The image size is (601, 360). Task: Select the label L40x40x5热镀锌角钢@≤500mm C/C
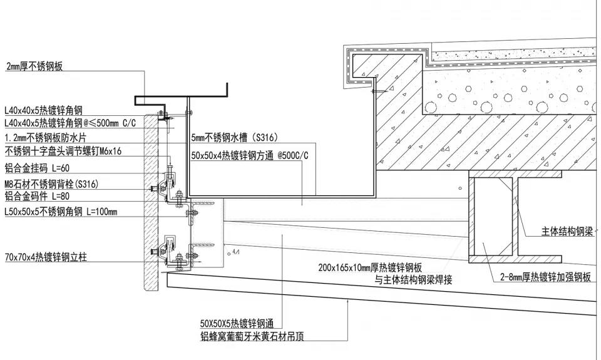pyautogui.click(x=69, y=123)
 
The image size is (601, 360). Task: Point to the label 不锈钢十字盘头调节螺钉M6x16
pyautogui.click(x=63, y=151)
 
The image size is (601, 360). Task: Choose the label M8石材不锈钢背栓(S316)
pyautogui.click(x=51, y=183)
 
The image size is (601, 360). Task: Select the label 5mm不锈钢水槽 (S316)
pyautogui.click(x=234, y=138)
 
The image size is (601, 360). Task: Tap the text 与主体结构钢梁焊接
pyautogui.click(x=413, y=280)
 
